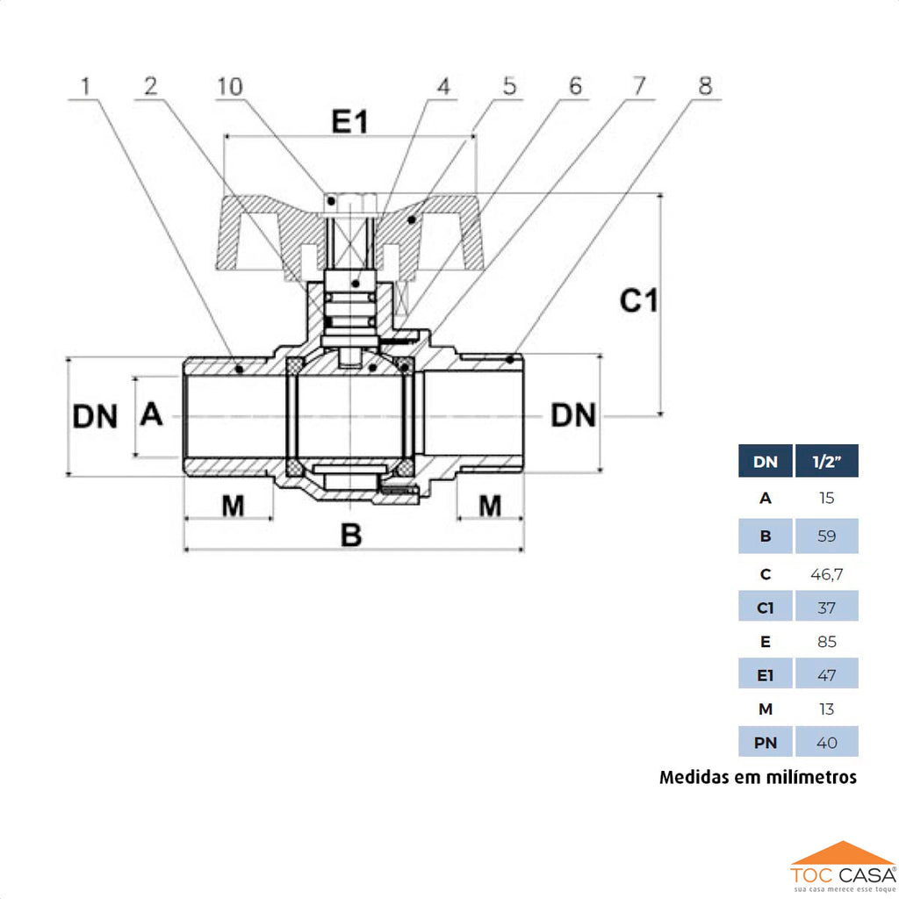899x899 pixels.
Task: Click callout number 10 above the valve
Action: click(x=230, y=86)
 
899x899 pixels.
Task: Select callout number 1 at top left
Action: click(x=85, y=86)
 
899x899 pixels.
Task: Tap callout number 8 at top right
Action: click(x=705, y=86)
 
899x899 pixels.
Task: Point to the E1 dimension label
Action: click(x=349, y=123)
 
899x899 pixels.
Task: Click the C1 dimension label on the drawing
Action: click(x=639, y=301)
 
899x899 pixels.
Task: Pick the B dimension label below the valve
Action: click(x=351, y=535)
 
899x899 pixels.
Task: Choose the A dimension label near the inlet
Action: click(x=152, y=414)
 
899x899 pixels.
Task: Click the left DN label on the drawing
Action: click(x=95, y=416)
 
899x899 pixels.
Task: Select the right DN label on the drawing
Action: click(x=573, y=415)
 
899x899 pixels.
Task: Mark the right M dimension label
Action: click(x=490, y=506)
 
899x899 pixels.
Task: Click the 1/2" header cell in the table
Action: click(x=826, y=461)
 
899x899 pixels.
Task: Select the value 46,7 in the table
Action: click(x=826, y=574)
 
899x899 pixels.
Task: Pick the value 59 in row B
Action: click(x=826, y=536)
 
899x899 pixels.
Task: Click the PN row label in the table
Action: click(x=766, y=743)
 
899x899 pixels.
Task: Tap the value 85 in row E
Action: click(x=826, y=642)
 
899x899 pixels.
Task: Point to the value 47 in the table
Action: click(x=826, y=675)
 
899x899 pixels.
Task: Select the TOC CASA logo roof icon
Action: click(x=842, y=852)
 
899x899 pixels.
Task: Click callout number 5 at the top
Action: click(x=510, y=86)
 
